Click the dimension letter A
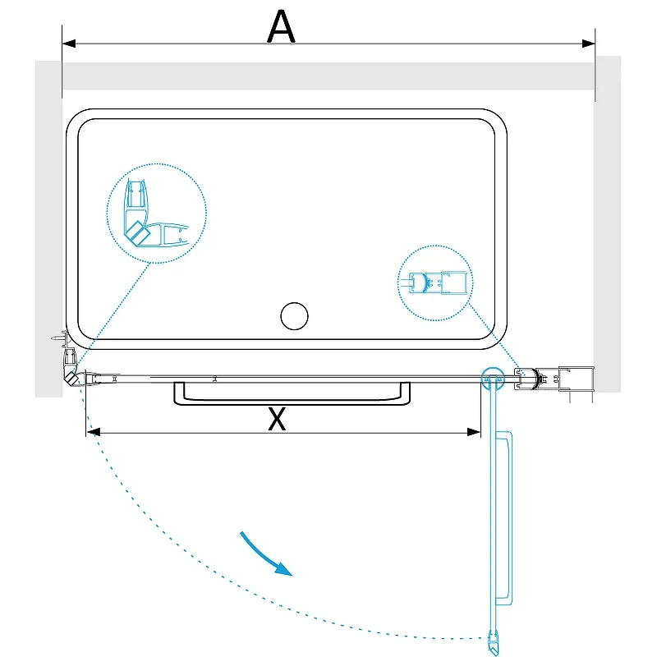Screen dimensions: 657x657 tap(281, 27)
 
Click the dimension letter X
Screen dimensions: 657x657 tap(277, 419)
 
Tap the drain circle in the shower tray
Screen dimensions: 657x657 tap(294, 316)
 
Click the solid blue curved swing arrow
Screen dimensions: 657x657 tap(264, 554)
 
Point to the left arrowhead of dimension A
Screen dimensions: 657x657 tap(69, 44)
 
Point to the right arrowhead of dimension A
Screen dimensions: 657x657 tap(588, 44)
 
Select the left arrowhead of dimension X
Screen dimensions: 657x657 tap(93, 432)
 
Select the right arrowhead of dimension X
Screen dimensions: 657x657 tap(474, 432)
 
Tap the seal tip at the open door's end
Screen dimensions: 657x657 tap(494, 643)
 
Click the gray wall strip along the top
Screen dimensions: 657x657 tap(328, 76)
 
